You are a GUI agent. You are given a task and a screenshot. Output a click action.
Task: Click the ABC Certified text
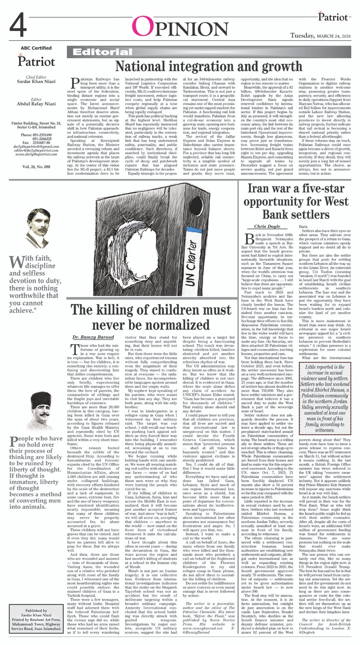click(36, 48)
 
